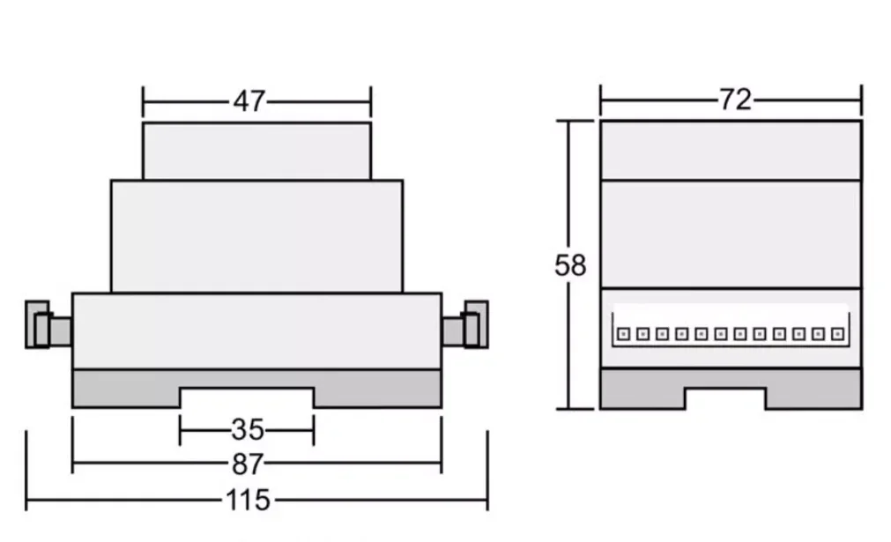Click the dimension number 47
click(x=249, y=101)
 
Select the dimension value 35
click(x=248, y=430)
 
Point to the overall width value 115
click(x=248, y=501)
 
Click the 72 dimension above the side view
click(x=734, y=100)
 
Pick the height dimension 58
click(x=569, y=265)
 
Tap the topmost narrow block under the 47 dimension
click(x=256, y=151)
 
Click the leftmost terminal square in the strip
click(x=622, y=334)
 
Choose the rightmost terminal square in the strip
click(x=838, y=334)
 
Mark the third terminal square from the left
click(x=662, y=334)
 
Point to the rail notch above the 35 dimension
click(x=247, y=397)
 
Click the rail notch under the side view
click(x=724, y=398)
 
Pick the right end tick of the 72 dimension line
click(x=861, y=100)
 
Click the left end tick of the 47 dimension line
click(x=143, y=101)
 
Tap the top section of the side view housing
click(x=731, y=150)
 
